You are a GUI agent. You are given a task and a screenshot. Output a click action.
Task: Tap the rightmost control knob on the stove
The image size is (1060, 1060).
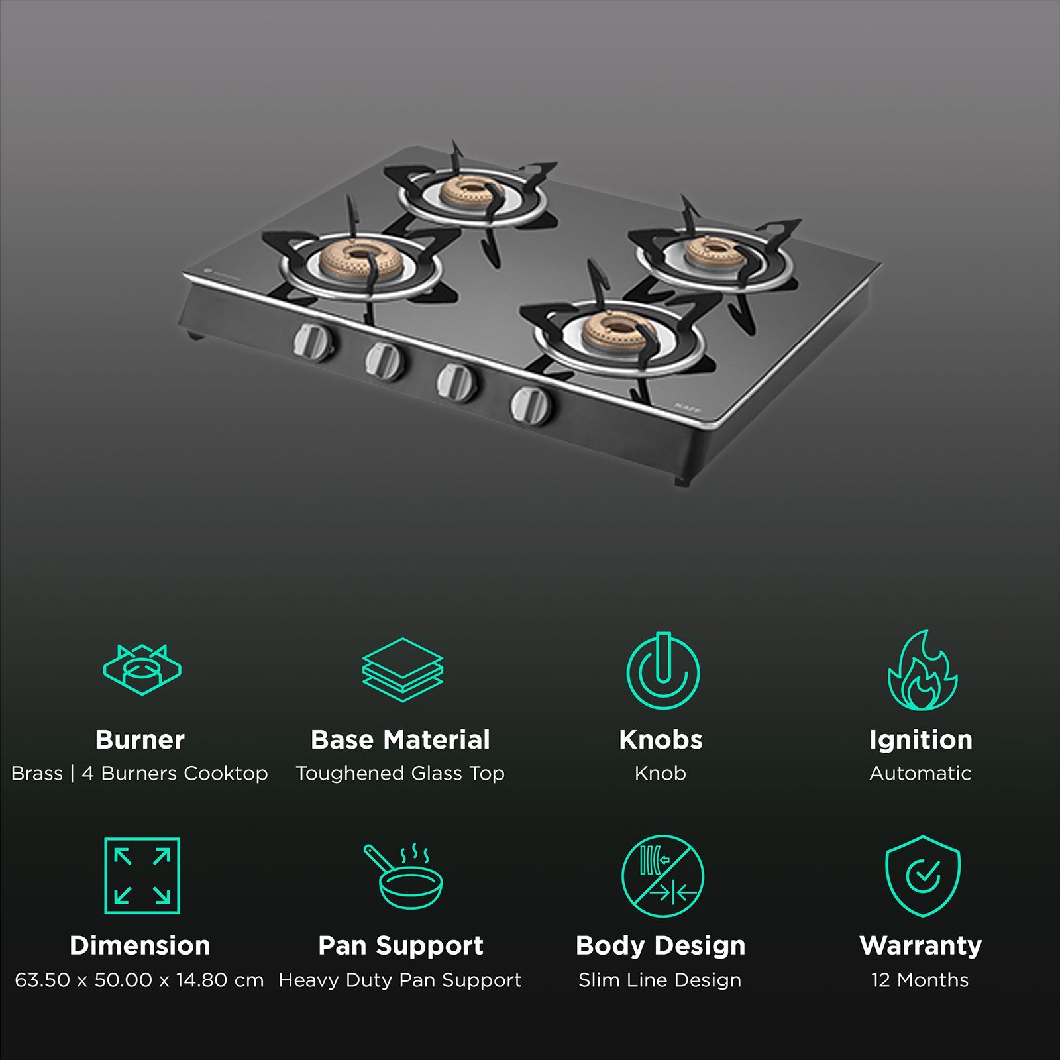click(x=531, y=405)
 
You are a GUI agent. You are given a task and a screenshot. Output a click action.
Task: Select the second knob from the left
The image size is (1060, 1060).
click(x=385, y=362)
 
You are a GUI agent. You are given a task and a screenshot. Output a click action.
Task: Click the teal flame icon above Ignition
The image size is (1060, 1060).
click(x=922, y=670)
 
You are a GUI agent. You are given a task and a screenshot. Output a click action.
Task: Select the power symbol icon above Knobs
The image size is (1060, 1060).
click(x=662, y=670)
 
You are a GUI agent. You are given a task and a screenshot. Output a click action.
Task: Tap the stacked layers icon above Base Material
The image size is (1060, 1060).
click(x=402, y=669)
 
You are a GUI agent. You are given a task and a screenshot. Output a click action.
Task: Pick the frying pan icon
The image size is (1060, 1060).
click(x=403, y=876)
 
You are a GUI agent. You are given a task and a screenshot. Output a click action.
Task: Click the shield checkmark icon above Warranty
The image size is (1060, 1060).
click(x=922, y=876)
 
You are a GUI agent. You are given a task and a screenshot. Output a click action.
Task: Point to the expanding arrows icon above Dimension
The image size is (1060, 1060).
click(x=142, y=876)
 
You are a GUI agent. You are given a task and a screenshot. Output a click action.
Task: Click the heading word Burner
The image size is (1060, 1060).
click(x=140, y=739)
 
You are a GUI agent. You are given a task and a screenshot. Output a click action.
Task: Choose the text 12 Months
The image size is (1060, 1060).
click(x=920, y=980)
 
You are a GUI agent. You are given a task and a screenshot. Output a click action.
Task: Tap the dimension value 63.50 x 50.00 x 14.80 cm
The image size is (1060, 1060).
click(x=139, y=980)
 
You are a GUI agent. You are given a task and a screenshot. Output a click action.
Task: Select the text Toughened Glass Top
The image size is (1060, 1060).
click(x=400, y=773)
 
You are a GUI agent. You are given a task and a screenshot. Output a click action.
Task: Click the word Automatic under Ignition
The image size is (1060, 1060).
click(x=920, y=773)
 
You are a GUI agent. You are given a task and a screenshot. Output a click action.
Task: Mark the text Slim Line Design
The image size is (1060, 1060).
click(x=660, y=980)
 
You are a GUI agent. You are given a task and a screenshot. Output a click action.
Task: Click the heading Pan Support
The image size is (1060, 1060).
click(x=401, y=945)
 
